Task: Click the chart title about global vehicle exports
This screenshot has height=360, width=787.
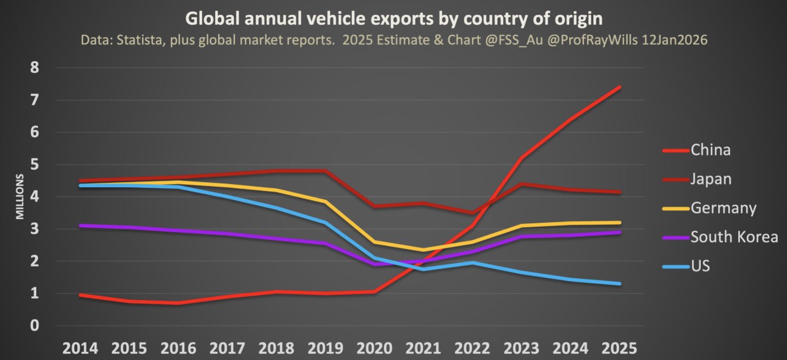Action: [x=393, y=18]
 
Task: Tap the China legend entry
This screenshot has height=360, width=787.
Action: [x=710, y=150]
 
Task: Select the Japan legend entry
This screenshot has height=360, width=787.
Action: [x=711, y=179]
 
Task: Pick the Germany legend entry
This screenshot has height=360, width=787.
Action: [x=723, y=208]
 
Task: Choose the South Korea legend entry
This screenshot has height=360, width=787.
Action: [x=734, y=237]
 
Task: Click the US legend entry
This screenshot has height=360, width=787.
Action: [x=700, y=266]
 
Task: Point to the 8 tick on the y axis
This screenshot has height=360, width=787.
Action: [x=35, y=68]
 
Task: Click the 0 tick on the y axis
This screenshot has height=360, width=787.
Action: [x=35, y=326]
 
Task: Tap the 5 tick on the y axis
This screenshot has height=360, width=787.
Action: [x=35, y=165]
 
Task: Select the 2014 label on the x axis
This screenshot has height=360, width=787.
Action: [x=81, y=348]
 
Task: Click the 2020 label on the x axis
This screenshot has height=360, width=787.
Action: [x=375, y=348]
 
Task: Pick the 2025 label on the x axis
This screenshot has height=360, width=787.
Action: [x=620, y=348]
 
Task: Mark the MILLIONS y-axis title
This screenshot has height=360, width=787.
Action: [x=20, y=196]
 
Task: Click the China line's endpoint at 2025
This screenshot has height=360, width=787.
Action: [x=620, y=87]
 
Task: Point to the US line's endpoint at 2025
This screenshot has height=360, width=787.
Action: [x=620, y=284]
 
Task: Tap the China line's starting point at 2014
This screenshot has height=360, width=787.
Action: [x=81, y=295]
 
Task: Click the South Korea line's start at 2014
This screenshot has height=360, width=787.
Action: [x=81, y=226]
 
